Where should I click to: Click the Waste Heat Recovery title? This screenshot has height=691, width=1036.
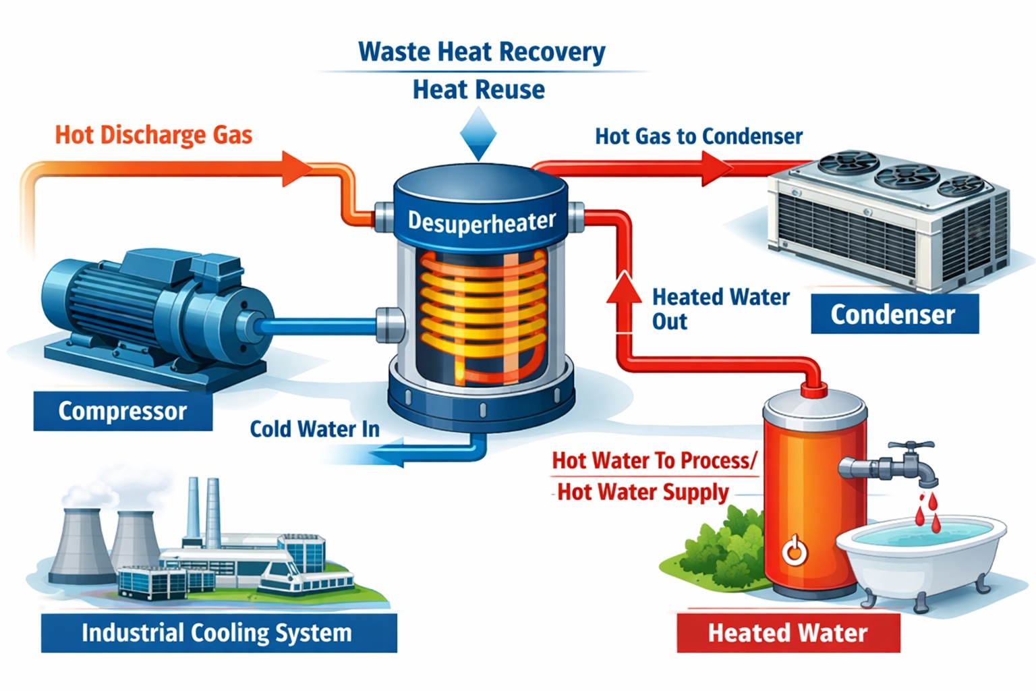tap(482, 52)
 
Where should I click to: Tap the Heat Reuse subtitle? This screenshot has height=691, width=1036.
tap(478, 90)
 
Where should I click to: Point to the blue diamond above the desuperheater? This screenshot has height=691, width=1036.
tap(478, 135)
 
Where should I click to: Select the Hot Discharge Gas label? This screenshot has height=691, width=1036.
tap(154, 135)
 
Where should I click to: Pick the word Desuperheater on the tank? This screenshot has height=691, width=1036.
tap(482, 221)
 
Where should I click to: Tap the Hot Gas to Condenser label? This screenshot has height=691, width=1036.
tap(699, 136)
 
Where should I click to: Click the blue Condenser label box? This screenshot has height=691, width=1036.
tap(894, 314)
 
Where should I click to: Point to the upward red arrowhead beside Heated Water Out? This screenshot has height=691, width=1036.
tap(624, 287)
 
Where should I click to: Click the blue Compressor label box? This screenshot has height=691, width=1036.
tap(123, 411)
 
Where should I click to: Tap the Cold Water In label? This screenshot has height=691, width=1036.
tap(314, 429)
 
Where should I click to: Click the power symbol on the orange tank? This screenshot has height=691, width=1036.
tap(794, 551)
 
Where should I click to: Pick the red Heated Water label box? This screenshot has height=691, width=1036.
tap(788, 633)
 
